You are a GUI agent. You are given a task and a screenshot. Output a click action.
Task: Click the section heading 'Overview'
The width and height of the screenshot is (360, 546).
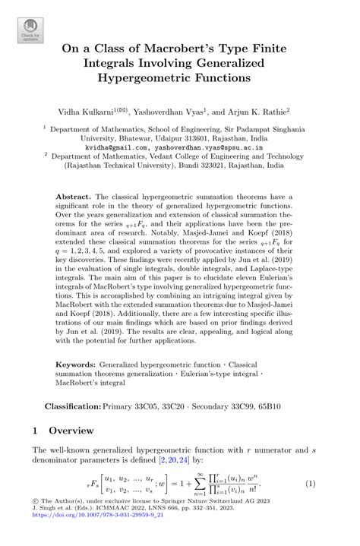74,430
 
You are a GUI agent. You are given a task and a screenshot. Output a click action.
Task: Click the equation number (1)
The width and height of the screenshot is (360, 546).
310,484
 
